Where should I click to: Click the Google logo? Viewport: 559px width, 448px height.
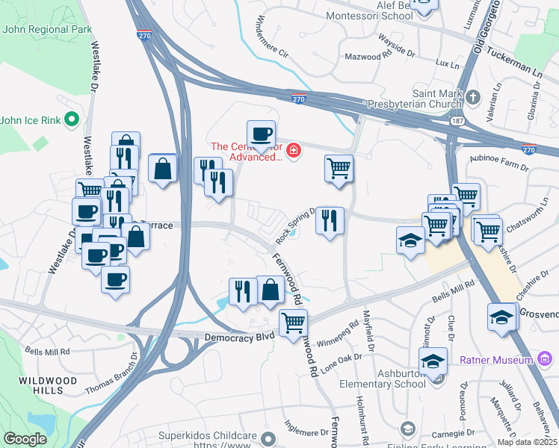pyautogui.click(x=25, y=439)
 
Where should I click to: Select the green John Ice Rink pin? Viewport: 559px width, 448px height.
pyautogui.click(x=72, y=119)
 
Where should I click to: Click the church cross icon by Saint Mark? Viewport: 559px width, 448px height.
pyautogui.click(x=472, y=98)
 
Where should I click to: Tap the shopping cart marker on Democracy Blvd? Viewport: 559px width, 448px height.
pyautogui.click(x=293, y=323)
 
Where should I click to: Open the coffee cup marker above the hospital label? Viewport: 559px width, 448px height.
pyautogui.click(x=261, y=134)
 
